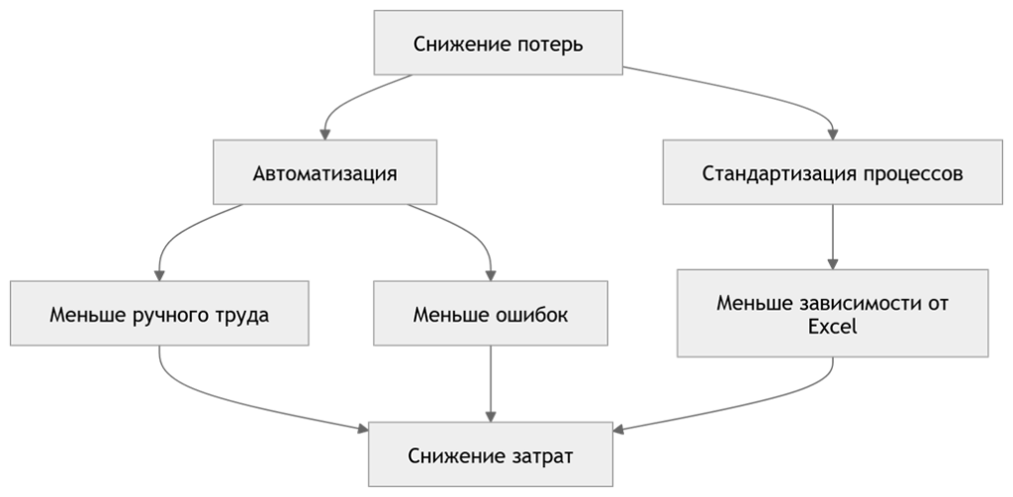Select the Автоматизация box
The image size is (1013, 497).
pos(325,173)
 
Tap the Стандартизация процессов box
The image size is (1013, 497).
pos(832,173)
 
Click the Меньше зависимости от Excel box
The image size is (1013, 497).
pos(832,313)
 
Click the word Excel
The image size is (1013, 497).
pos(832,326)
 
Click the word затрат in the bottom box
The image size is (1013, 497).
pos(541,456)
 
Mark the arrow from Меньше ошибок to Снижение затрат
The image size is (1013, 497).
pos(491,386)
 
